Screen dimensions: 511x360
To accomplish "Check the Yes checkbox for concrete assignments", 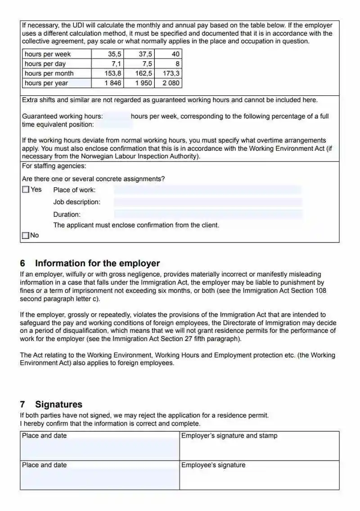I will [x=26, y=190].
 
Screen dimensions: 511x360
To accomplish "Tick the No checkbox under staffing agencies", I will [x=26, y=235].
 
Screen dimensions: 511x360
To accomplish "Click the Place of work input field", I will [x=207, y=190].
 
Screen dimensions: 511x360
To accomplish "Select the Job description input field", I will [x=207, y=202].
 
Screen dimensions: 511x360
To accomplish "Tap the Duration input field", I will [x=207, y=214].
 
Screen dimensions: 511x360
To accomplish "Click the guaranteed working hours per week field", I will [x=117, y=117].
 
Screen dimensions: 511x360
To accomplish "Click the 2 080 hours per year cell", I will [x=168, y=83].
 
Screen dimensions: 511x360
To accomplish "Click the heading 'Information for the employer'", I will [x=97, y=264].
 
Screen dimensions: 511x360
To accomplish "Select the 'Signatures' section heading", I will [x=58, y=404].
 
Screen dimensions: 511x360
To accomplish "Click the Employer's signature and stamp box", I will [x=259, y=446].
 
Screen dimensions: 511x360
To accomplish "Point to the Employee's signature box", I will [x=259, y=475].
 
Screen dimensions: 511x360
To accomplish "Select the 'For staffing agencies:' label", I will [x=54, y=166].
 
